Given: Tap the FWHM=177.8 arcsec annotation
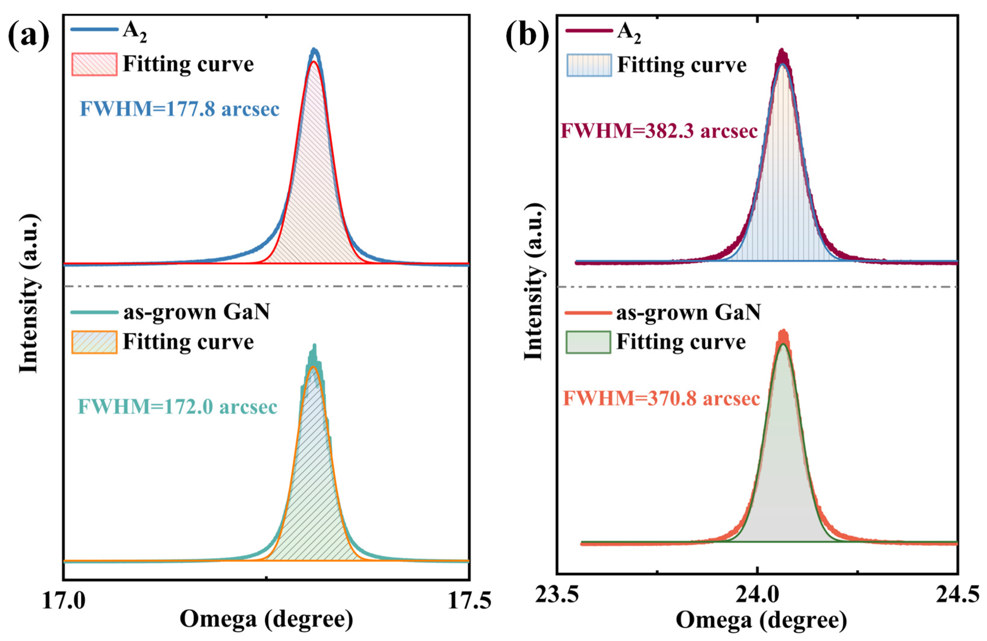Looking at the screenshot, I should click(179, 109).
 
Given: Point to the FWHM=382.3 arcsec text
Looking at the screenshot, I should click(659, 131).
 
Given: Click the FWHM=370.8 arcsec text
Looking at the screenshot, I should click(661, 399).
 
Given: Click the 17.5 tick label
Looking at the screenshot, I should click(469, 601).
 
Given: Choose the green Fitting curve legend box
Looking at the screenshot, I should click(588, 342).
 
